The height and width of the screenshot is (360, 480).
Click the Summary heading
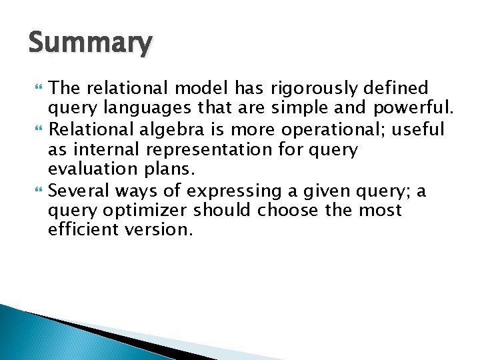tap(90, 44)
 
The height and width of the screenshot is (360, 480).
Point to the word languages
tap(134, 109)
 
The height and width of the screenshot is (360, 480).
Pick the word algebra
tap(174, 129)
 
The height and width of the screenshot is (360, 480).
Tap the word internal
tap(108, 149)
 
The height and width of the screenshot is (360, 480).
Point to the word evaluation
tap(88, 170)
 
